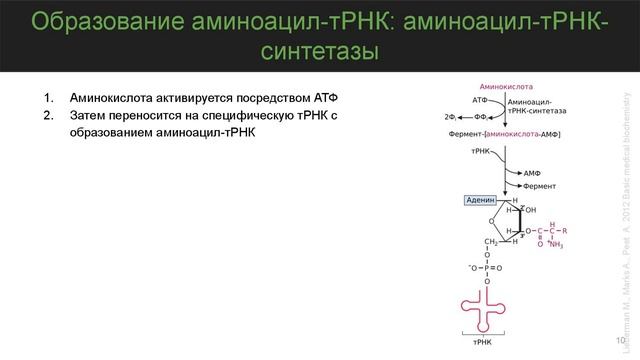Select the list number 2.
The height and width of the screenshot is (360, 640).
[x=46, y=116]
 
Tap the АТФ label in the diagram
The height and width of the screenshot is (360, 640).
[x=479, y=101]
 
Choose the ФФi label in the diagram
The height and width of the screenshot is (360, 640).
[x=492, y=117]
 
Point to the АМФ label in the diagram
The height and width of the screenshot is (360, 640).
[x=533, y=171]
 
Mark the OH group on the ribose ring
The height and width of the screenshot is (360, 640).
[x=530, y=210]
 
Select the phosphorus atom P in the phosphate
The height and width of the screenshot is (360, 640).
[x=487, y=267]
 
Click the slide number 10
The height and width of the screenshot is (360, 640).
[x=620, y=341]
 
